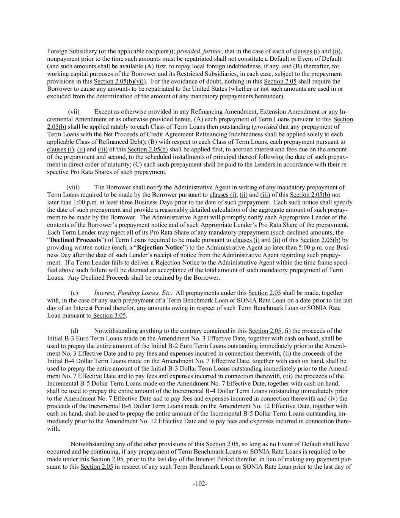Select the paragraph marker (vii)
pos(74,112)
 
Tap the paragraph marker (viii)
pos(73,187)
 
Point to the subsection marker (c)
pos(75,293)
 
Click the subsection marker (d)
pos(75,331)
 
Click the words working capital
pos(68,74)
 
